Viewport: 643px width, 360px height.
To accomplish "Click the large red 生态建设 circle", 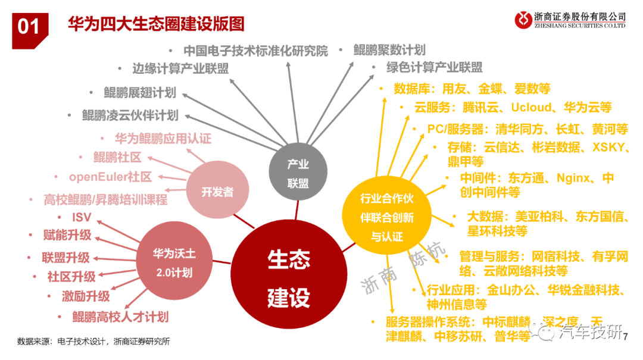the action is pos(289,274).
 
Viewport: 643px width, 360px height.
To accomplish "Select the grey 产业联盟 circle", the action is pos(298,171).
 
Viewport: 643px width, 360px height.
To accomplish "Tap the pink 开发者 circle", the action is pos(217,190).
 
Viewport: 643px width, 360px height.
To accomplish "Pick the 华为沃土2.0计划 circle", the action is pos(174,261).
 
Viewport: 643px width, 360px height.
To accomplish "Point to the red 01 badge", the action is pos(30,30).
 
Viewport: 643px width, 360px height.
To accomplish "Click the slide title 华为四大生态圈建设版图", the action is pos(156,24).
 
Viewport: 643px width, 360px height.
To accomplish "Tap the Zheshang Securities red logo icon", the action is pos(523,20).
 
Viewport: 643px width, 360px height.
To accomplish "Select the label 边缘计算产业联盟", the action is pos(180,68).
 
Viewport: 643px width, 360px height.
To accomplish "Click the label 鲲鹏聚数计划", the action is pos(389,50).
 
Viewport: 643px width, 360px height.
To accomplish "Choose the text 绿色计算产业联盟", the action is pos(434,67).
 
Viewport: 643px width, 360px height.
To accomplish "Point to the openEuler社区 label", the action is pos(110,177).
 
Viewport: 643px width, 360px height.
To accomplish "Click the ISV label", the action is pos(82,217).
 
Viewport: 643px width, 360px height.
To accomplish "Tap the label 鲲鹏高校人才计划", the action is pos(120,317).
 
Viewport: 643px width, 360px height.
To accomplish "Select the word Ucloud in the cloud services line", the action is pos(531,108).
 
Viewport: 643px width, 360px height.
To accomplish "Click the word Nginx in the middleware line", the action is pos(573,178).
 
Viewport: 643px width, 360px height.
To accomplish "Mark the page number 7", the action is pos(625,337).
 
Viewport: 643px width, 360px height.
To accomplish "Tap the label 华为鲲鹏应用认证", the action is pos(163,139).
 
